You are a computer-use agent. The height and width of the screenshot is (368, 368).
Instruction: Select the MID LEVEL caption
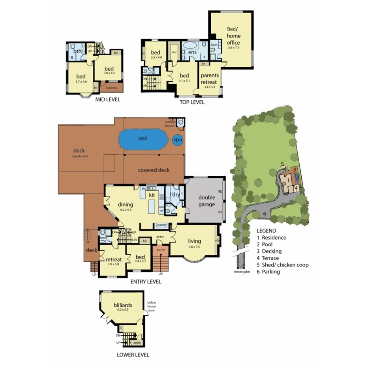pos(108,100)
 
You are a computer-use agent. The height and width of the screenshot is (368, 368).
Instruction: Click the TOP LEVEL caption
pos(192,102)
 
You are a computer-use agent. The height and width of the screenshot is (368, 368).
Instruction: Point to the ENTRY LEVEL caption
pos(146,282)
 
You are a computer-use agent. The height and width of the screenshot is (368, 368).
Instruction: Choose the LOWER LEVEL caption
pos(133,355)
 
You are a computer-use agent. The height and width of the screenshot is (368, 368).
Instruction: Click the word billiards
pos(122,305)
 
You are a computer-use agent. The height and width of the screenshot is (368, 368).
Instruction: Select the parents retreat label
pos(210,79)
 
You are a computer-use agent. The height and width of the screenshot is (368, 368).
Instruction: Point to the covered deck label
pos(154,170)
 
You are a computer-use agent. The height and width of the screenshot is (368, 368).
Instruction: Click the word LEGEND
pos(267,231)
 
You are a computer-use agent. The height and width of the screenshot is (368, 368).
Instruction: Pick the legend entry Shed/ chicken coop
pos(282,265)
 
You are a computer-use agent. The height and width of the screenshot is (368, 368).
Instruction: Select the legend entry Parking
pos(268,272)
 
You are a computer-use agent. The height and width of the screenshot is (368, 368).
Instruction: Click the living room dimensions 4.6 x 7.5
pos(194,247)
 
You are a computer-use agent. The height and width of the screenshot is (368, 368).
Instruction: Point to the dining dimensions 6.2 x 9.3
pos(125,210)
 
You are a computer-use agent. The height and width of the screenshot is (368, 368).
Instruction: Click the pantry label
pos(162,225)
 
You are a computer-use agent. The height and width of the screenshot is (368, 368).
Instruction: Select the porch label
pos(161,250)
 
